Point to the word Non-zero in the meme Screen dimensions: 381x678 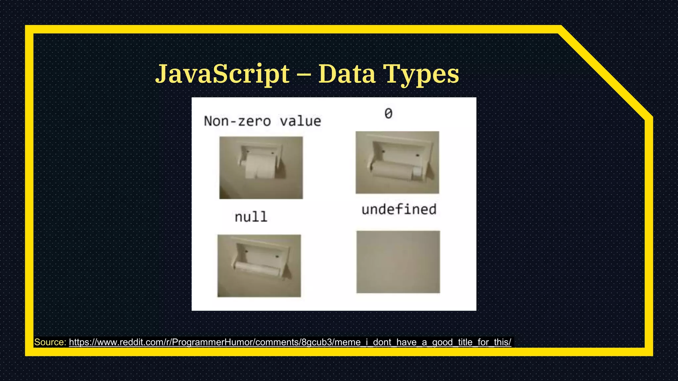point(237,121)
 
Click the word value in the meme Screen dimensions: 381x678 point(300,121)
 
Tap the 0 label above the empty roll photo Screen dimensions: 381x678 point(388,114)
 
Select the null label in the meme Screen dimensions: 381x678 point(251,217)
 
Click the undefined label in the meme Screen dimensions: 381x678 point(399,210)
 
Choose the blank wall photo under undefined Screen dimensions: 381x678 point(398,262)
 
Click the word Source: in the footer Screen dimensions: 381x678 point(50,342)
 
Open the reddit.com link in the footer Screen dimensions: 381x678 point(290,342)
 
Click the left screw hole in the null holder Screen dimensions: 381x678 point(246,252)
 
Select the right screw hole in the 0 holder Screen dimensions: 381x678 point(417,155)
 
